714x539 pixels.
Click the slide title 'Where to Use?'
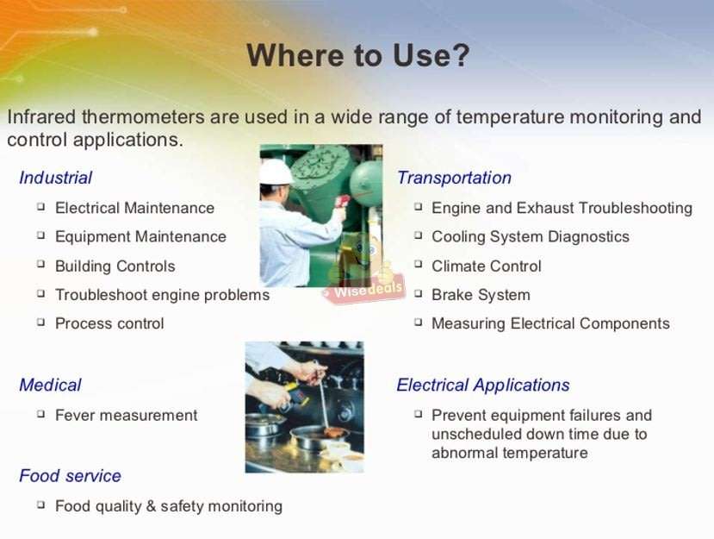click(x=357, y=56)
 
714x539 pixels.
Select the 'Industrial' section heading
click(x=55, y=179)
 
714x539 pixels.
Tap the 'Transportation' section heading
click(x=454, y=179)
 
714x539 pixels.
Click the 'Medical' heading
click(x=50, y=385)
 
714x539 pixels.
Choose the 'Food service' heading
click(x=70, y=476)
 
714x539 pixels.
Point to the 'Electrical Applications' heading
click(x=483, y=385)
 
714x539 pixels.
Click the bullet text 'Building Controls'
click(x=115, y=266)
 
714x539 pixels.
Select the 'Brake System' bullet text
click(x=481, y=295)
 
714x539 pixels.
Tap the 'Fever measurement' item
click(x=126, y=416)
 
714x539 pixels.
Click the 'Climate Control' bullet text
click(x=486, y=266)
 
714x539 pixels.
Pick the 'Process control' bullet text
click(x=109, y=324)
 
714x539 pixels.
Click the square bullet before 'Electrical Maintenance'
click(x=41, y=207)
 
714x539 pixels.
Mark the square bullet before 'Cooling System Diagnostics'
click(x=418, y=235)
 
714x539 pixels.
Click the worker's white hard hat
click(x=276, y=171)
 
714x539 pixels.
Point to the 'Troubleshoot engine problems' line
click(x=162, y=295)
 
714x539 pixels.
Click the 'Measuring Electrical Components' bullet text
click(x=550, y=324)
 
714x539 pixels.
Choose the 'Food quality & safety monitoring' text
click(x=168, y=506)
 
